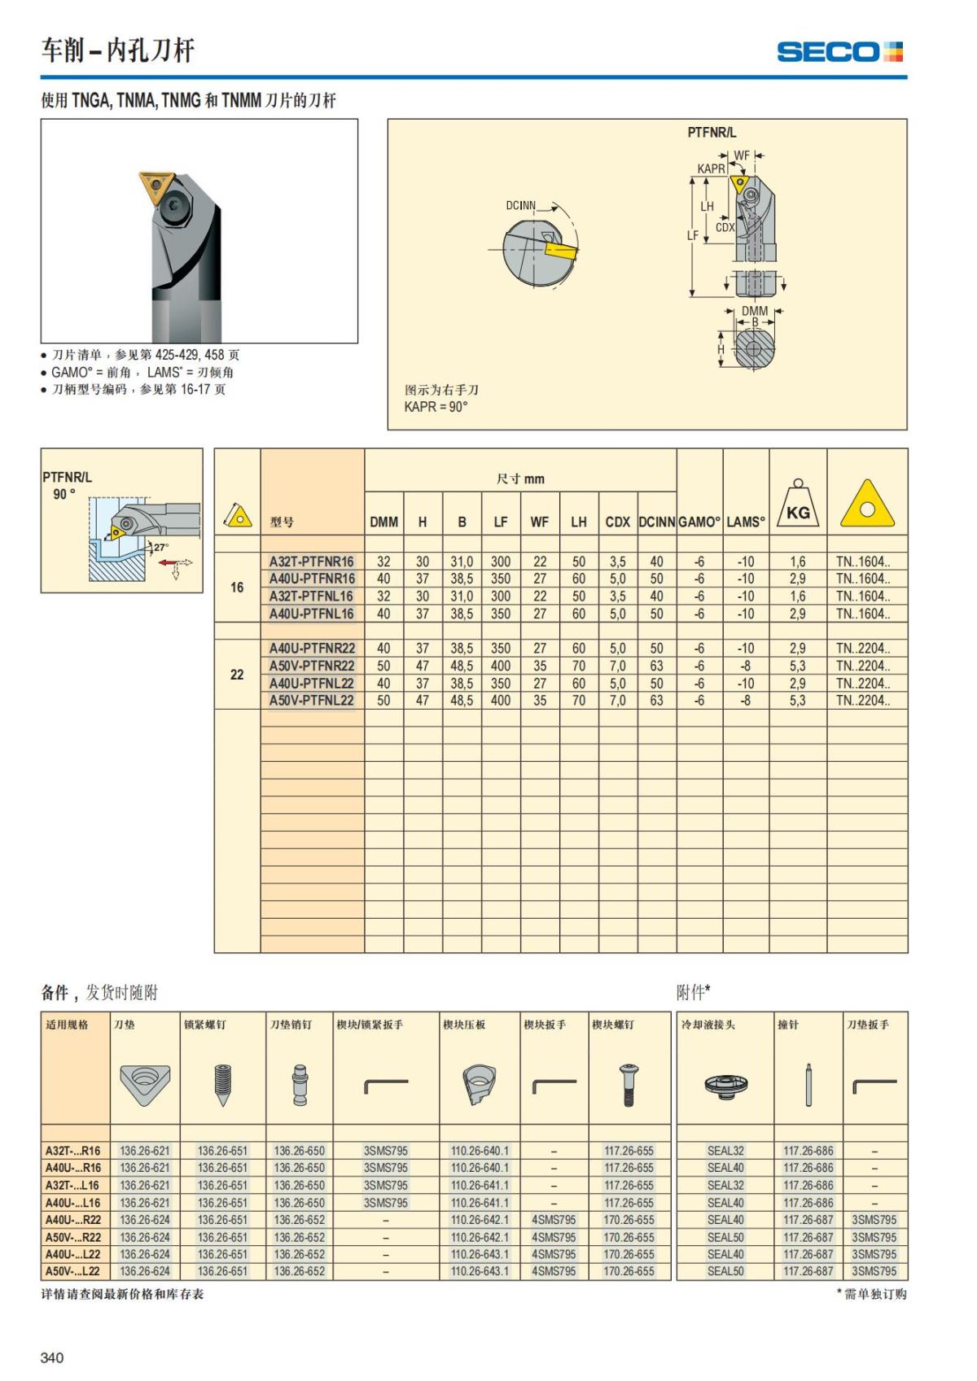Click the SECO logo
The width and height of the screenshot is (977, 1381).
pos(839,52)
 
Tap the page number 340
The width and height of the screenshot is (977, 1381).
pos(51,1357)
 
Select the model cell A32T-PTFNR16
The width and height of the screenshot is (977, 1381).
pos(312,562)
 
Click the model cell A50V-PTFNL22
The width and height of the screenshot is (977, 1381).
pos(312,701)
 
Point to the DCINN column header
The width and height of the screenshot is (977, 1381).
pos(657,522)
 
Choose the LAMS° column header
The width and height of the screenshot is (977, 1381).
pos(746,522)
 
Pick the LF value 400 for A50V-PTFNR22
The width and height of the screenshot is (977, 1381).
pos(501,666)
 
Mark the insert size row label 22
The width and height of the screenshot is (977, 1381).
pos(237,675)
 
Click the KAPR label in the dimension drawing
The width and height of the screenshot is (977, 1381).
pos(711,168)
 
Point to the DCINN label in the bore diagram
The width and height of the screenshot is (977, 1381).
pos(520,205)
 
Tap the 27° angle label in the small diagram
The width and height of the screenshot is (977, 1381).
pos(161,548)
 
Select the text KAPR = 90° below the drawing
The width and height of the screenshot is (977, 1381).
pos(436,407)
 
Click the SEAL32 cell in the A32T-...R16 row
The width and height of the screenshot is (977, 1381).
pos(725,1151)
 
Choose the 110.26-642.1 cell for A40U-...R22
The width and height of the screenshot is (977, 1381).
pos(480,1220)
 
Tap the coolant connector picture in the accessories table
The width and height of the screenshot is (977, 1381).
pos(725,1084)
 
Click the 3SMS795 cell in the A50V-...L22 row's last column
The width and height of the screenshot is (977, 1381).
pos(874,1271)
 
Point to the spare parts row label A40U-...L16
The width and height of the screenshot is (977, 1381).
pos(73,1203)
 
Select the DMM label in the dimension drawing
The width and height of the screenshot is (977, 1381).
pos(755,311)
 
